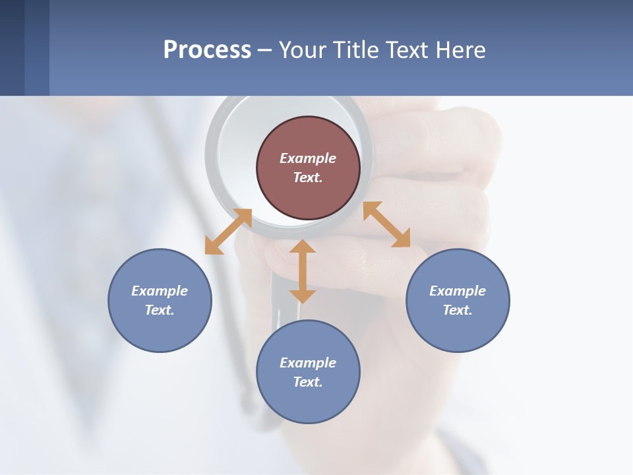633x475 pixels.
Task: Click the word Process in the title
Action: pyautogui.click(x=207, y=50)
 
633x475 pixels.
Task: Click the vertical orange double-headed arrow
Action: pyautogui.click(x=303, y=272)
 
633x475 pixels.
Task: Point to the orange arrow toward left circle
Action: pyautogui.click(x=228, y=232)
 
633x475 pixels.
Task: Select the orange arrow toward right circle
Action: pyautogui.click(x=386, y=224)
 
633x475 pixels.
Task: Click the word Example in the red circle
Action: pyautogui.click(x=308, y=158)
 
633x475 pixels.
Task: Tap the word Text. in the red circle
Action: pyautogui.click(x=308, y=177)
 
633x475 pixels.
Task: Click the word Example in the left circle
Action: pyautogui.click(x=160, y=291)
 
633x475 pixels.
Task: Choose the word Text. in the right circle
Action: pyautogui.click(x=458, y=310)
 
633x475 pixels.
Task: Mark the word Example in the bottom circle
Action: pyautogui.click(x=308, y=363)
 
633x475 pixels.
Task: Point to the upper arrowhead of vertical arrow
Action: pyautogui.click(x=303, y=247)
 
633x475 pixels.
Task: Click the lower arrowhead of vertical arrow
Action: pyautogui.click(x=303, y=296)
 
